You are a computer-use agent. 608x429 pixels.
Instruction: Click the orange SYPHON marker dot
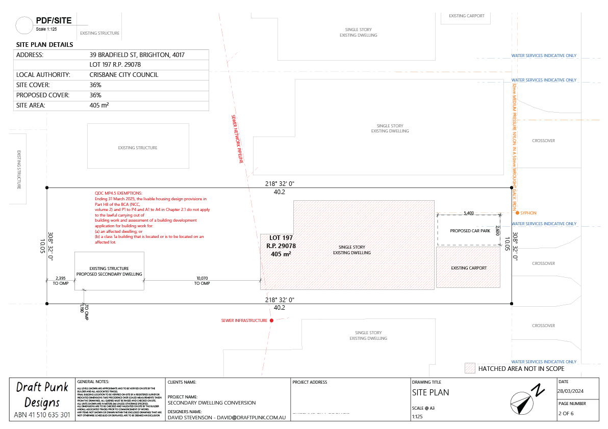[x=517, y=213]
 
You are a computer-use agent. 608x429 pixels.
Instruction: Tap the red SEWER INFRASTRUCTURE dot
[x=271, y=320]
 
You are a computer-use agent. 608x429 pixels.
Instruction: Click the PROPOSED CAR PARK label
[x=470, y=231]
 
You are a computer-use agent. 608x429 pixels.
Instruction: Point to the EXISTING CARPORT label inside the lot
[x=469, y=268]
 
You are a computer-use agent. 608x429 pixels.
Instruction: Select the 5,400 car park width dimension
[x=469, y=213]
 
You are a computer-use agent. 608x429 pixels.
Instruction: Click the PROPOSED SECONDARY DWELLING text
[x=109, y=274]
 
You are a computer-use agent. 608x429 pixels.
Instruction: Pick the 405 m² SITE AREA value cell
[x=99, y=105]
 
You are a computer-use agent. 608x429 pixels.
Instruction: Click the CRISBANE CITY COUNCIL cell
[x=123, y=75]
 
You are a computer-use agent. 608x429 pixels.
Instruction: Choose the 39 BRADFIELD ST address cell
[x=137, y=55]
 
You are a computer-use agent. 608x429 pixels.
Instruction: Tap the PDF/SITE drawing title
[x=54, y=21]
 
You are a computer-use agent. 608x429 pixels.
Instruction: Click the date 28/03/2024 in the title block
[x=571, y=391]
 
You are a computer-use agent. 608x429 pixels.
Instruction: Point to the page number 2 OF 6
[x=566, y=413]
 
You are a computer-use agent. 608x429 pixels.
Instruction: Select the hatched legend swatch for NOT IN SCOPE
[x=469, y=368]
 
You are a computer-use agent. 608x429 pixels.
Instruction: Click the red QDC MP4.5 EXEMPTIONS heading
[x=120, y=193]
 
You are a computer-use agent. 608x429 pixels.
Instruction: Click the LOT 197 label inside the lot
[x=281, y=238]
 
